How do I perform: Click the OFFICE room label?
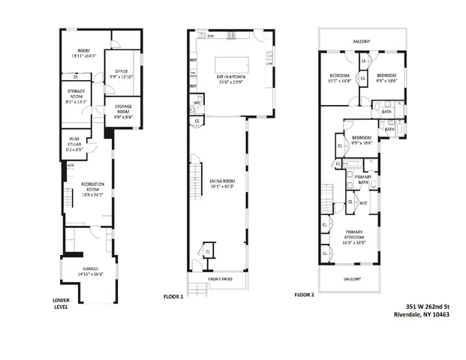pyautogui.click(x=121, y=73)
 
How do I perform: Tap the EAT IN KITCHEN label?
pyautogui.click(x=233, y=79)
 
